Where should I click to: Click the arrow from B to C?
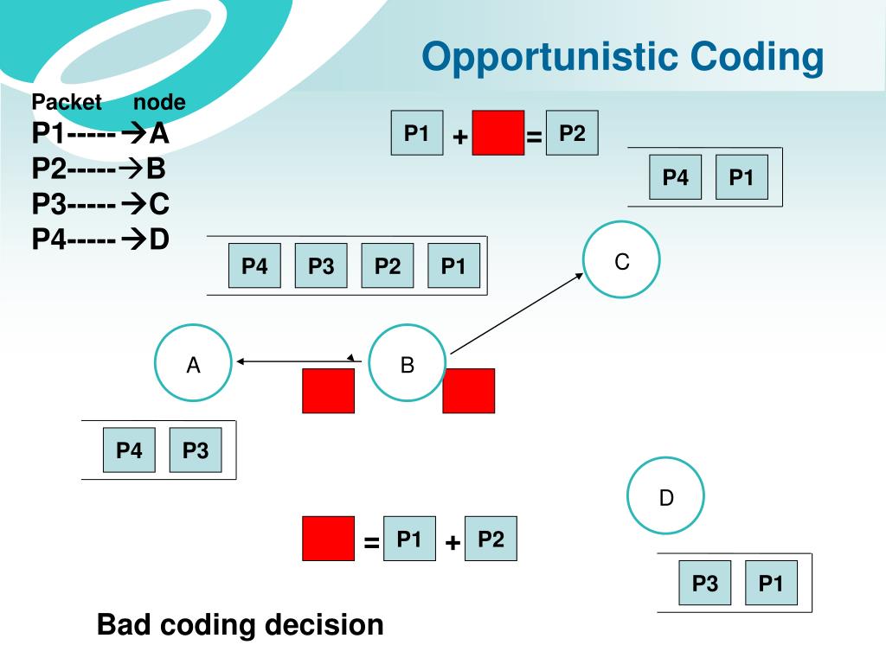tap(517, 313)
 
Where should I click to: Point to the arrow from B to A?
tap(299, 361)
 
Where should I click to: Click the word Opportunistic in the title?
tap(549, 58)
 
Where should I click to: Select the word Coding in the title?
tap(757, 58)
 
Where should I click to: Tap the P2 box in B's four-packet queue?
tap(388, 265)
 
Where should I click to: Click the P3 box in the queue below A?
tap(196, 450)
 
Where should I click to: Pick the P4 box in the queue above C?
tap(675, 176)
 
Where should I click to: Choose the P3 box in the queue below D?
tap(704, 583)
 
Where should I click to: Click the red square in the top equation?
tap(498, 132)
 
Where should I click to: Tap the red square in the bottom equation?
tap(328, 538)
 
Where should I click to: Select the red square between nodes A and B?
tap(328, 391)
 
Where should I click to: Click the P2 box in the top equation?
tap(572, 132)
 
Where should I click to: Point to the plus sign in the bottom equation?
tap(452, 543)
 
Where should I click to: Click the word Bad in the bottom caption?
tap(123, 624)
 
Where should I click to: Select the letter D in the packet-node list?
tap(159, 239)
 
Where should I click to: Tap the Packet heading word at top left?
tap(67, 102)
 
